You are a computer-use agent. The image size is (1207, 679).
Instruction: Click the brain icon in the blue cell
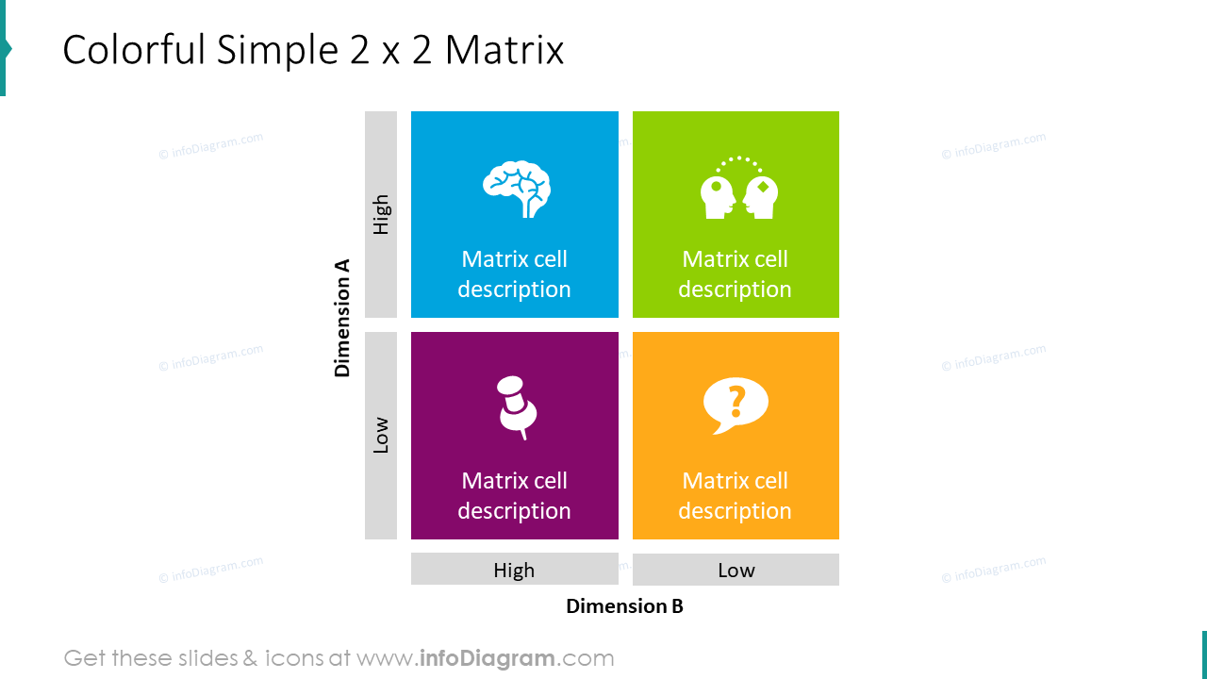tap(516, 190)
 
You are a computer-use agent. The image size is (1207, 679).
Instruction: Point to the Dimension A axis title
tap(342, 318)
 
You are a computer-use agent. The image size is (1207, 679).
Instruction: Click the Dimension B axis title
tap(624, 606)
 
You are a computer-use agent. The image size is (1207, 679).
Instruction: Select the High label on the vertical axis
tap(381, 215)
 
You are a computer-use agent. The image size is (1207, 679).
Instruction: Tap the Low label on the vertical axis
tap(381, 436)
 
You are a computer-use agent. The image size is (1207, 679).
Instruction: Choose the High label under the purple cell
tap(514, 570)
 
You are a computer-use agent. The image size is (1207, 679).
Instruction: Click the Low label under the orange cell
tap(736, 570)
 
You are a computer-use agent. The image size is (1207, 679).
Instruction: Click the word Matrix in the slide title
tap(504, 50)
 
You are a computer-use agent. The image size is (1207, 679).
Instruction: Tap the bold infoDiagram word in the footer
tap(486, 658)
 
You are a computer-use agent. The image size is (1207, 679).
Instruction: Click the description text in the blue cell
tap(515, 274)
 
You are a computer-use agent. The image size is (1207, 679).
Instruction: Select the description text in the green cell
tap(735, 274)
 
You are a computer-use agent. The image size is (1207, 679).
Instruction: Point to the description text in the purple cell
tap(515, 496)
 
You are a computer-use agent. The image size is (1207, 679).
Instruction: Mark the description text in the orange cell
tap(735, 496)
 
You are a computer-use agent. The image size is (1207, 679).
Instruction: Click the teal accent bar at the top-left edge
tap(3, 47)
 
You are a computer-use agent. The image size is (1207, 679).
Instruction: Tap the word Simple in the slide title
tap(278, 50)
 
